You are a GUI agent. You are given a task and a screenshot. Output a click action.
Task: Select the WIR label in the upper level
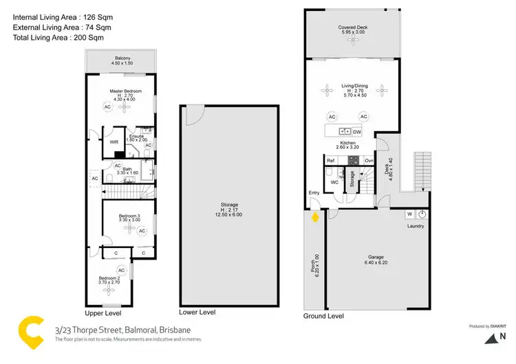coord(115,141)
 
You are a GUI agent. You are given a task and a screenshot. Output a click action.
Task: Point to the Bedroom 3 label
coord(129,216)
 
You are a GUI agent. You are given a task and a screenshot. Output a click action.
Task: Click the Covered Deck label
coord(352,28)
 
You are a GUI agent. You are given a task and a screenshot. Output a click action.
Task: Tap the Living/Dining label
coord(355,86)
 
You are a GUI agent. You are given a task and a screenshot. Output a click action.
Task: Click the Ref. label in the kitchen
coord(331,161)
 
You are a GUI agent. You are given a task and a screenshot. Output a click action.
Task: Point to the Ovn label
coord(369,161)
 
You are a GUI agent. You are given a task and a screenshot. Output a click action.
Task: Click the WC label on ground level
coord(333,183)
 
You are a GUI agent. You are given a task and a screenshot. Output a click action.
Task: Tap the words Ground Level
coord(323,316)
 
